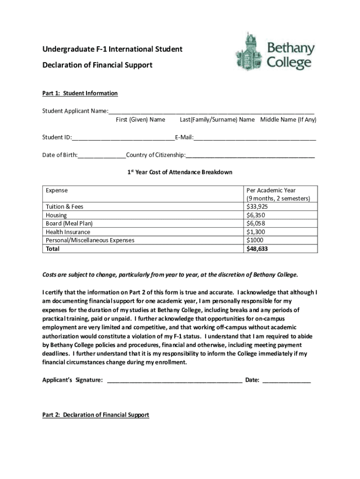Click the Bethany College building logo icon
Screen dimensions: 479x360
click(x=248, y=51)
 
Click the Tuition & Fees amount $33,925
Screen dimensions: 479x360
click(x=257, y=206)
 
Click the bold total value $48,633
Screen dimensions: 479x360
click(x=257, y=249)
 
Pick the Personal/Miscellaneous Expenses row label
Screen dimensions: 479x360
click(x=90, y=240)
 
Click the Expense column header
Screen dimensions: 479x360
click(x=57, y=190)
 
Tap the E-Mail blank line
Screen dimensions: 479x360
click(x=255, y=138)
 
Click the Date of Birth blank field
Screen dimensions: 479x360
click(x=102, y=155)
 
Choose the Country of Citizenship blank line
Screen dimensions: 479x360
click(x=250, y=155)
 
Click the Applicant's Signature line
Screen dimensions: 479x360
click(x=174, y=380)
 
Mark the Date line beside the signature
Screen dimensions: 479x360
click(x=287, y=380)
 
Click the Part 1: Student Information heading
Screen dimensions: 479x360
click(x=80, y=94)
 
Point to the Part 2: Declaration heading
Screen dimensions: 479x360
click(x=96, y=415)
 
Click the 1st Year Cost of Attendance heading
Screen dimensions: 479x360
click(x=180, y=173)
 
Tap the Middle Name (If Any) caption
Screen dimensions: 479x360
click(x=288, y=120)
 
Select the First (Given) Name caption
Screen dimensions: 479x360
click(x=140, y=120)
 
